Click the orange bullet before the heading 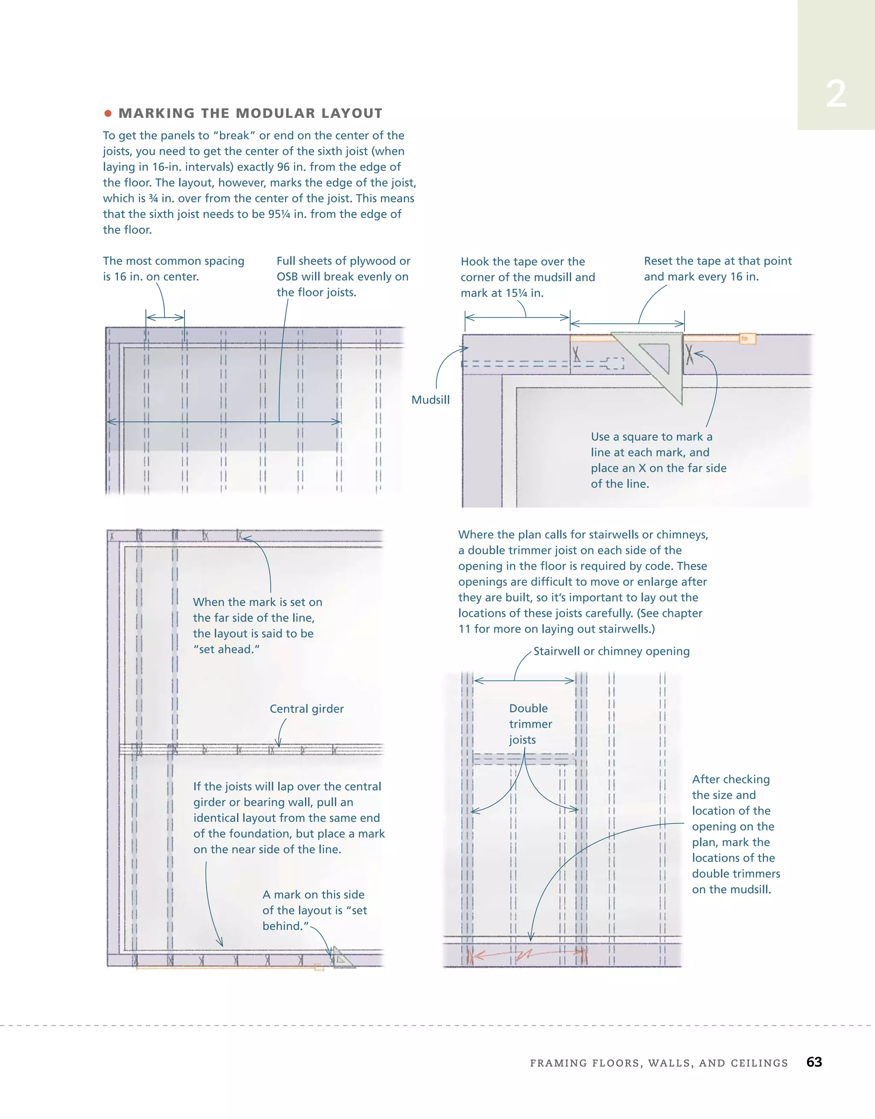coord(108,113)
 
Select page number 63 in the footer coord(814,1062)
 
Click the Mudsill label coord(431,400)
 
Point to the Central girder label coord(306,709)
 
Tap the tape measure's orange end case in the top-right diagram coord(747,339)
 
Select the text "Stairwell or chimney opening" coord(611,651)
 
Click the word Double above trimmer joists coord(528,709)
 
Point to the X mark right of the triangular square coord(690,354)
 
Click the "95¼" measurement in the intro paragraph coord(279,214)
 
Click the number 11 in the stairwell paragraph coord(464,629)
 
